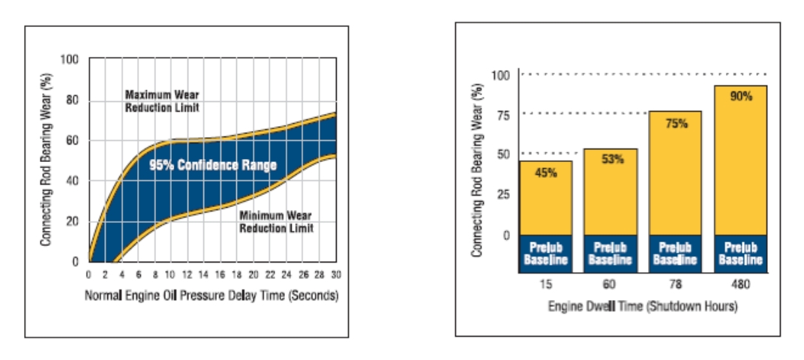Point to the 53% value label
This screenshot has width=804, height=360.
(x=610, y=159)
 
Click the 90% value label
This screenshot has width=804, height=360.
(x=740, y=97)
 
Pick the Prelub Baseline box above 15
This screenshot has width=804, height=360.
(x=545, y=254)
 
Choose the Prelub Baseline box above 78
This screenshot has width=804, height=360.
(x=675, y=254)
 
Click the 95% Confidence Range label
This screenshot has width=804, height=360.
(x=212, y=165)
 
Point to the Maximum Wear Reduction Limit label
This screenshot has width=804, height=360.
(x=162, y=101)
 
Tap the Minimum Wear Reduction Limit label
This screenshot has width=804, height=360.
(x=275, y=222)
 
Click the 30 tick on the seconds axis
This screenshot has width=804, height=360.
(x=335, y=274)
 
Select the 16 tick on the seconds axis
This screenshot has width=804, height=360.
(x=220, y=274)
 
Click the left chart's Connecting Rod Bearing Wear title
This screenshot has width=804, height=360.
(x=46, y=159)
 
